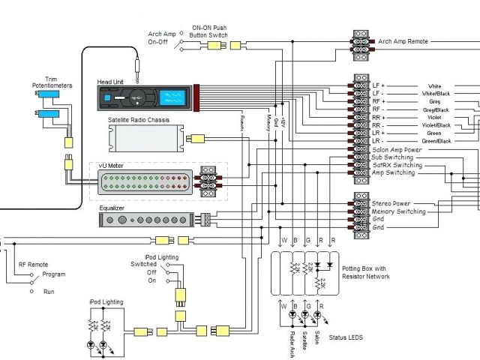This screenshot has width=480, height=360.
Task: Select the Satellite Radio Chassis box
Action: point(144,138)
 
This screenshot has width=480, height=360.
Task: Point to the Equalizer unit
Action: point(146,219)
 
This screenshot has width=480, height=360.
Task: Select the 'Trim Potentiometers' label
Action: point(52,82)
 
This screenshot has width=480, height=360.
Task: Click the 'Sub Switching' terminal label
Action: point(392,157)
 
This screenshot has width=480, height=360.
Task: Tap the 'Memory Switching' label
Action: point(399,211)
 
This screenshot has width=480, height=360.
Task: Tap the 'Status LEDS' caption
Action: point(344,337)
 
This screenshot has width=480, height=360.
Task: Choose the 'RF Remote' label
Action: point(33,264)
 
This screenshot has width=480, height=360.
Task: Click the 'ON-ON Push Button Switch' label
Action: point(209,31)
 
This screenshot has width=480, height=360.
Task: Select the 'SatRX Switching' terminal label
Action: point(396,165)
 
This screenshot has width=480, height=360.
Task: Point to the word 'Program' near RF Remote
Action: point(53,274)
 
